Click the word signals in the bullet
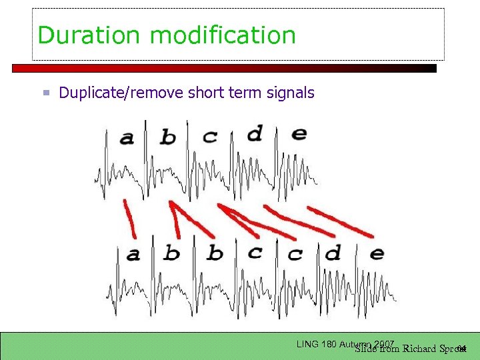coord(291,93)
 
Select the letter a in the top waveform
coord(127,138)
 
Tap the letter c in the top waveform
coord(210,137)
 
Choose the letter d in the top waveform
coord(254,133)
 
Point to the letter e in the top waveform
coord(299,133)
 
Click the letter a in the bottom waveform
coord(133,254)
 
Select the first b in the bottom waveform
coord(172,253)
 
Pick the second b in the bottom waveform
coord(215,253)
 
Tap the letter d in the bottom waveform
coord(333,253)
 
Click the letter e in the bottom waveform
coord(376,253)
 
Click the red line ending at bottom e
coord(340,222)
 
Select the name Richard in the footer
coord(419,348)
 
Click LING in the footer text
coord(307,344)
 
